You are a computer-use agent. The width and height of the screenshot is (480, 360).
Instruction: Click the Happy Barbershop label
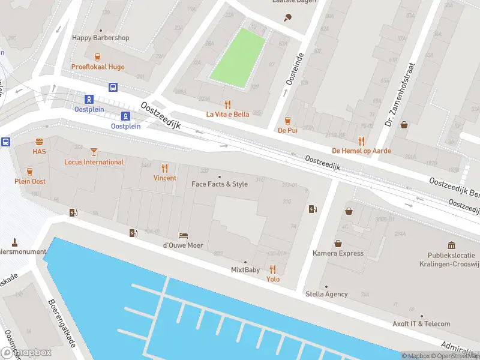(101, 38)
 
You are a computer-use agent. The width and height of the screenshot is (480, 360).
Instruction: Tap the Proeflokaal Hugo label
(98, 67)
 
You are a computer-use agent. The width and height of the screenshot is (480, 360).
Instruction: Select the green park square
(238, 58)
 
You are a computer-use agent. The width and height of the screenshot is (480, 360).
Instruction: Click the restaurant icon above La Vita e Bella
(227, 104)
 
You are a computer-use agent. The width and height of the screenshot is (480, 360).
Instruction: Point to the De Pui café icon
(287, 119)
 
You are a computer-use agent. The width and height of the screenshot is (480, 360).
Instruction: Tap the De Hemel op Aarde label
(361, 150)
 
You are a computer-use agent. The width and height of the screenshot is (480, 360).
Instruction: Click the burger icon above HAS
(39, 142)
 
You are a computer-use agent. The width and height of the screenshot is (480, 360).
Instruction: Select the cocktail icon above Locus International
(94, 152)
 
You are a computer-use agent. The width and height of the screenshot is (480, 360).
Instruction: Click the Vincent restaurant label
(164, 178)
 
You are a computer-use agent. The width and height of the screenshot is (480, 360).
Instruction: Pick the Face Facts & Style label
(219, 184)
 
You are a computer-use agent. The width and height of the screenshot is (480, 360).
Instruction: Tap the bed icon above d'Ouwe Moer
(183, 235)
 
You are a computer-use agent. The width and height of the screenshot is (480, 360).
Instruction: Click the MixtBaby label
(245, 270)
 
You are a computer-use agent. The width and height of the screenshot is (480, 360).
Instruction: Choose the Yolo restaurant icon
(273, 269)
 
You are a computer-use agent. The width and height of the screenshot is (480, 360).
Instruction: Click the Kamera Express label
(338, 253)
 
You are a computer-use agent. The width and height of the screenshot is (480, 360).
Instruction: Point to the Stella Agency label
(326, 294)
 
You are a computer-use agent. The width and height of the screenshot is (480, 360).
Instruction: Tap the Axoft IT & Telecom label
(421, 324)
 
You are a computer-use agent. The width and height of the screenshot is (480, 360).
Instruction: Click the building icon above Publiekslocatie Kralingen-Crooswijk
(451, 245)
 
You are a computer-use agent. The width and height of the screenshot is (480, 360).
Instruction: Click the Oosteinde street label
(292, 68)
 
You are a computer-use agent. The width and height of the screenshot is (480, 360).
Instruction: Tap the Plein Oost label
(30, 181)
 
